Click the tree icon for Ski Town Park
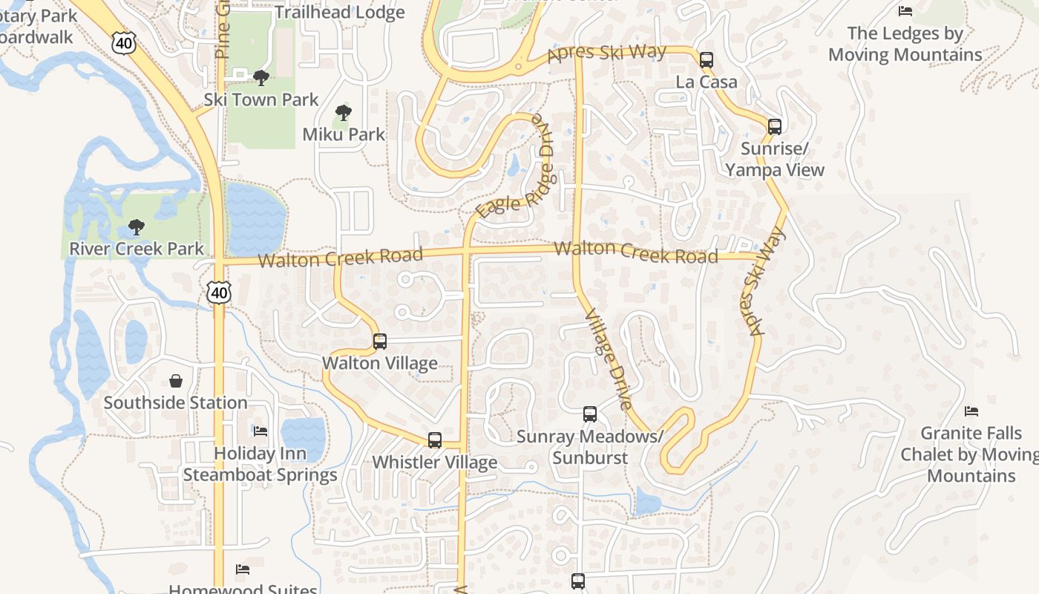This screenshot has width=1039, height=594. coord(260,77)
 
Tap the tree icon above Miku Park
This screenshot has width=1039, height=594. coord(343,113)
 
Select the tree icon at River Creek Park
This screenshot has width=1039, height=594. coord(136,226)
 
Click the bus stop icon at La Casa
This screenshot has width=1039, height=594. coord(706,60)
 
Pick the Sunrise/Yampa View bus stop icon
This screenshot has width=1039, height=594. coord(774,127)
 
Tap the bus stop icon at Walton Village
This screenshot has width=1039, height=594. coord(379,342)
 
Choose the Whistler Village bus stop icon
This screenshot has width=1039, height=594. coord(435,440)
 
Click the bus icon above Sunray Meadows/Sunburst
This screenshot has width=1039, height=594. coord(589,414)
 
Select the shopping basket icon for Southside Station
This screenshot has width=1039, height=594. coord(176,381)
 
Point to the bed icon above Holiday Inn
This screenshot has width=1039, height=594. coord(260,431)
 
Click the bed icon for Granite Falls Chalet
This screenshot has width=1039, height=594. coord(971,411)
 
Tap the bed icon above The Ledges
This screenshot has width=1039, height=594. coord(905,10)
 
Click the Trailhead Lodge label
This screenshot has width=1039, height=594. coord(339,13)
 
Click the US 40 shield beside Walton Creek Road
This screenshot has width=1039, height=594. coord(218,293)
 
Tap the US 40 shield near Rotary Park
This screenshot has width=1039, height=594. coord(125,42)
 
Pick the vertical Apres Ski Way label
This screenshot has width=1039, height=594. coord(766,281)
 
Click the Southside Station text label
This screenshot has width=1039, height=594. coord(176,402)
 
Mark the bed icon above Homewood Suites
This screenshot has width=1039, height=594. coord(242,569)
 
